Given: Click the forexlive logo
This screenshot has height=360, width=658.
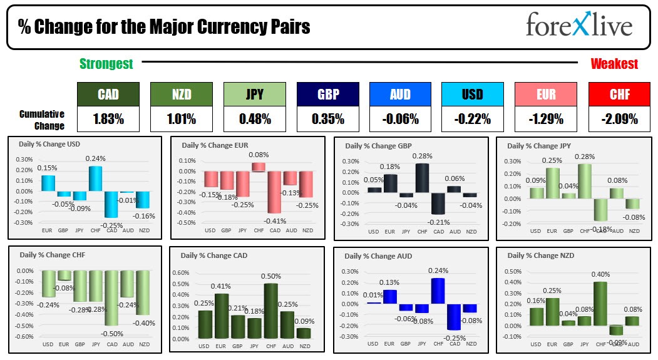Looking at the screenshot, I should coord(578,26).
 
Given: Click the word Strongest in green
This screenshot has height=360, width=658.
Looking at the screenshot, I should coord(106,63).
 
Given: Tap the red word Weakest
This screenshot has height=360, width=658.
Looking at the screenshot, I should coord(614,63).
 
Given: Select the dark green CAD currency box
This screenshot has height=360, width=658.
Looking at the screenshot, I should coord(108,94).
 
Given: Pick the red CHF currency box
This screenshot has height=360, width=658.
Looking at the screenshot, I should coord(619,94).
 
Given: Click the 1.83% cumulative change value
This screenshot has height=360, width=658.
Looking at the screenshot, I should coord(108,118).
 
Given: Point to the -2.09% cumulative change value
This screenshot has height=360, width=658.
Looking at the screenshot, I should coord(619,118).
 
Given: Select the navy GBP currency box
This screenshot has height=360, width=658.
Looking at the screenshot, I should coord(327,94).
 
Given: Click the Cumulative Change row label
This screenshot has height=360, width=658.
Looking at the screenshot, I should coord(41,120).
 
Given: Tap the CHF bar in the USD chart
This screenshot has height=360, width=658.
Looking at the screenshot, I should coord(95,178).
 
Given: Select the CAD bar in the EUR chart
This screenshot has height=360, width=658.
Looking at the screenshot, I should coord(274,192).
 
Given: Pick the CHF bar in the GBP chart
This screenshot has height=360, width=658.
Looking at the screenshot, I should coord(422,178).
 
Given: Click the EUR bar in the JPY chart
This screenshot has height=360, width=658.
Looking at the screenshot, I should coord(552,183).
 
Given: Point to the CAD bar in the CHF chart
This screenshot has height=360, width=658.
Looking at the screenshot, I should coord(112,298).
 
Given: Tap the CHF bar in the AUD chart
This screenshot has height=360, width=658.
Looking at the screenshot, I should coord(438,291).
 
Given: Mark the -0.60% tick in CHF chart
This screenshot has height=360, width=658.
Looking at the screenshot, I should coord(25,337).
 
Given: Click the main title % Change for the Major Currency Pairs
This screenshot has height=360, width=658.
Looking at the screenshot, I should coord(164,27).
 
